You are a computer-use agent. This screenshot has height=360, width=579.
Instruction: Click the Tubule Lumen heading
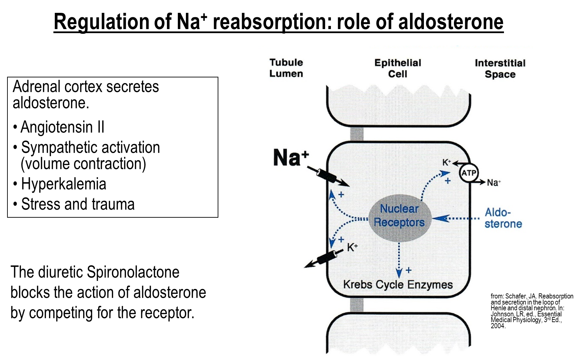(286, 68)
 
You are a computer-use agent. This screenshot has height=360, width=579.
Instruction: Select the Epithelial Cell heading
(397, 68)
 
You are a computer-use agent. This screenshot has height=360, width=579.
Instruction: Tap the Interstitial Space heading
(500, 69)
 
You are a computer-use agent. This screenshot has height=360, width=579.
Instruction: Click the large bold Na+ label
(290, 158)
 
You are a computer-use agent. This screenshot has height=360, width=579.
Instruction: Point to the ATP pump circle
(469, 173)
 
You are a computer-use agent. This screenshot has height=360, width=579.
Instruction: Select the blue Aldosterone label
(503, 218)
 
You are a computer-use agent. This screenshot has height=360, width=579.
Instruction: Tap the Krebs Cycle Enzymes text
(398, 285)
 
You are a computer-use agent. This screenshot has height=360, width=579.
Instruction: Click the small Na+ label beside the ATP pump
(493, 183)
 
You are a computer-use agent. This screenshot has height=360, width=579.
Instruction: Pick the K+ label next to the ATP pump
(447, 163)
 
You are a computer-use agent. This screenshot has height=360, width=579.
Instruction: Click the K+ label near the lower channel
(352, 247)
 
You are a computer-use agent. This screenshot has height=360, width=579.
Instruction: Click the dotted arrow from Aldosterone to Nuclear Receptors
(456, 219)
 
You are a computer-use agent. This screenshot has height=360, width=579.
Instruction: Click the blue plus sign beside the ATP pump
(448, 181)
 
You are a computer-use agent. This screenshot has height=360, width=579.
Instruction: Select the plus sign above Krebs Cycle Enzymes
(409, 270)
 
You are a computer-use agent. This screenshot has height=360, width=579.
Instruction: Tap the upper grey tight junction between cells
(357, 134)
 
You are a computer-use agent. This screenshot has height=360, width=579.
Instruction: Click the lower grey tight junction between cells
(357, 305)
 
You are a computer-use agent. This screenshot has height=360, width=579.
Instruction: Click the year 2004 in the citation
(498, 326)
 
